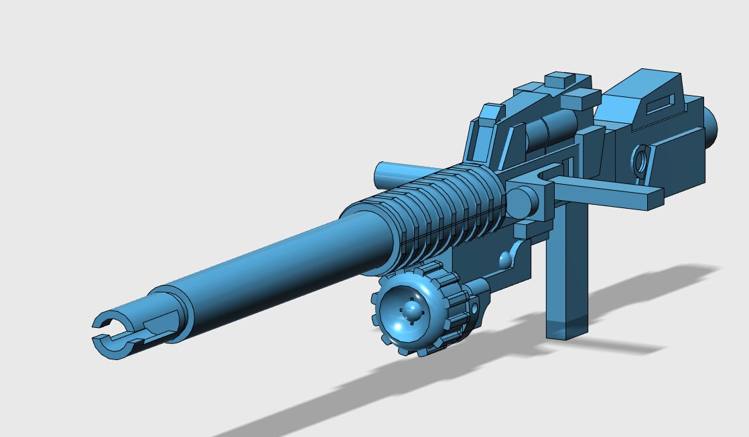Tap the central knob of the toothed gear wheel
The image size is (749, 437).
411,310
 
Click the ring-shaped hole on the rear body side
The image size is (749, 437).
641,161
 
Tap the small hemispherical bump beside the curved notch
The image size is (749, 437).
504,258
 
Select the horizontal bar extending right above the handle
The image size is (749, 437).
610,194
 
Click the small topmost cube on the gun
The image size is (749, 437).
562,80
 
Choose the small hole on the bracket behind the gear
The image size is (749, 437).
476,309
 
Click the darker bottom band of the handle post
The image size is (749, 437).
567,329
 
